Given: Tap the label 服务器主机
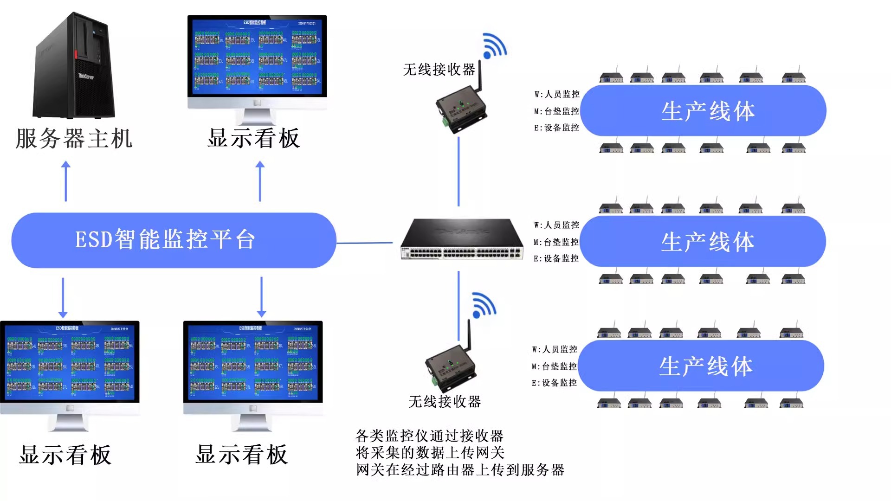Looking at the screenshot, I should tap(74, 139).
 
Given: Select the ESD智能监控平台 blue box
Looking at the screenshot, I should tap(173, 240).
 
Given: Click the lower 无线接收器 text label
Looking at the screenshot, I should tap(444, 401).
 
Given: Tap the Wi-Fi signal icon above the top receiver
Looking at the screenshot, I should tap(494, 46).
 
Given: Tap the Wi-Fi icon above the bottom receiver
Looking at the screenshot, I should tap(484, 306).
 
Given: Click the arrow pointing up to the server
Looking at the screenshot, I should tap(66, 181).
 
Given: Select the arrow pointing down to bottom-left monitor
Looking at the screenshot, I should tap(63, 297).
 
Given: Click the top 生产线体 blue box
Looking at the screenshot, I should tap(703, 111).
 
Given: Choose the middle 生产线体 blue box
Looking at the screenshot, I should tap(703, 241).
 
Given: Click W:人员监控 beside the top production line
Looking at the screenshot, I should tap(556, 94).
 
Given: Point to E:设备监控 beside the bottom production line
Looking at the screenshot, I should tap(554, 383).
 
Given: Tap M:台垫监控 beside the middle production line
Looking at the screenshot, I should tap(556, 242).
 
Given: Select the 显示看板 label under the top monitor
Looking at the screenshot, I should tap(253, 139).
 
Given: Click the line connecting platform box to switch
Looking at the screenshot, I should tap(364, 243).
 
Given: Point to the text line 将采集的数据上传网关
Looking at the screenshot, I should tap(430, 452).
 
